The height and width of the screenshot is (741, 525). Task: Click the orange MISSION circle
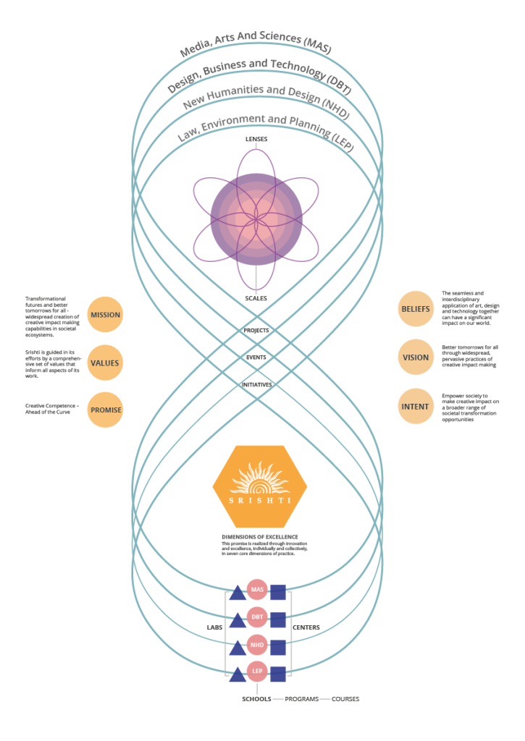[105, 315]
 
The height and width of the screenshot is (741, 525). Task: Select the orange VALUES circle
[105, 363]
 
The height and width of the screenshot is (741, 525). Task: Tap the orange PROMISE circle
[105, 410]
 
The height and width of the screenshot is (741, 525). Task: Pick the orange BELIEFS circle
[416, 309]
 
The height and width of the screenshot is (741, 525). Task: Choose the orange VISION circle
[416, 357]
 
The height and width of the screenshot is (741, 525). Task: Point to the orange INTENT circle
[416, 406]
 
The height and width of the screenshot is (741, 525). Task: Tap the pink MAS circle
[257, 590]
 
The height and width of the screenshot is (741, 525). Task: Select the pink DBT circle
[257, 617]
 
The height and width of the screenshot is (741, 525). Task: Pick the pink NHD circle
[257, 645]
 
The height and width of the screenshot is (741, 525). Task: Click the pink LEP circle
[257, 672]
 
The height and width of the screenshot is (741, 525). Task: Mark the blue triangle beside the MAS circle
[237, 593]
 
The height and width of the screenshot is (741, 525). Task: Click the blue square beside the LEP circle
[277, 674]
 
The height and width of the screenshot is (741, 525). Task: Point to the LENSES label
[256, 138]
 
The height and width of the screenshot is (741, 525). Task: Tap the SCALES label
[256, 297]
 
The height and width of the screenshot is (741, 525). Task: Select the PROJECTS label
[256, 330]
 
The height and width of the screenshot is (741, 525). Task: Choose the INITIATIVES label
[256, 385]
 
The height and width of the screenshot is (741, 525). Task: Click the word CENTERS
[306, 627]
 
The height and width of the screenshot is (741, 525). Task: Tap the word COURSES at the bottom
[345, 699]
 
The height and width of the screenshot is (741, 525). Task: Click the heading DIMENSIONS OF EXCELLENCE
[259, 536]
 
